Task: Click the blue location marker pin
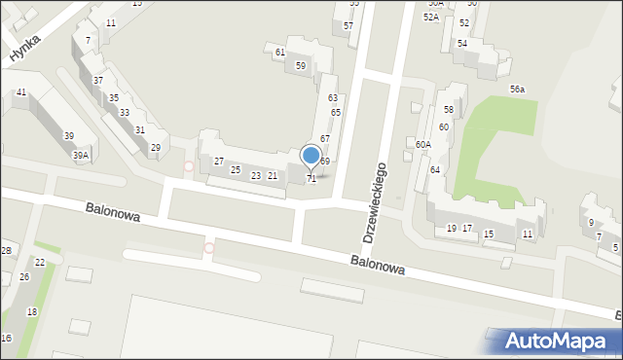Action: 311,156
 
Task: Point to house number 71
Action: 311,178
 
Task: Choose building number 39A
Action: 81,155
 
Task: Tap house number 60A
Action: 422,144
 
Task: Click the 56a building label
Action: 517,89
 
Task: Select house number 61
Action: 280,52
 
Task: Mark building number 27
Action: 220,161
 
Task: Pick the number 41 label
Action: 21,91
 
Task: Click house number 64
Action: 435,169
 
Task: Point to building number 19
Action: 452,228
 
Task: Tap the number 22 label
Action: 40,263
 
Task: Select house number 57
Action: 348,25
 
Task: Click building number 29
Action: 156,148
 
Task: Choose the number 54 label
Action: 462,44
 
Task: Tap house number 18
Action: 32,311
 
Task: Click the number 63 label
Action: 333,97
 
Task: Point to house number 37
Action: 98,80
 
